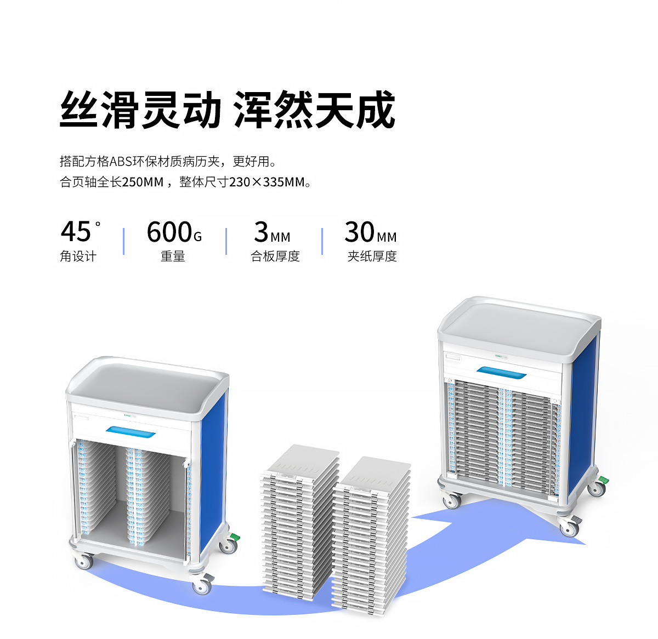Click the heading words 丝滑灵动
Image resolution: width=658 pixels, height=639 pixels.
(x=140, y=110)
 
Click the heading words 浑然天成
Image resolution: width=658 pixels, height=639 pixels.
(x=314, y=110)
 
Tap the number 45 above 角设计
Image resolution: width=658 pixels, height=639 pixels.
(x=76, y=231)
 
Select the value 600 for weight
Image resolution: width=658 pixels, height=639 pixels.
(x=169, y=232)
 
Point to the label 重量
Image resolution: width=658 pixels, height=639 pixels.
(x=173, y=256)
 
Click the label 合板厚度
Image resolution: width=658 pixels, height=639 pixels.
(x=275, y=256)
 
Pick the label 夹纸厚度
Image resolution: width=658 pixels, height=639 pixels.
(x=372, y=256)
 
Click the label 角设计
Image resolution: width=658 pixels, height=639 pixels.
(x=78, y=256)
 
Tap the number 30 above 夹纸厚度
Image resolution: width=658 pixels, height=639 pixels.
(x=359, y=232)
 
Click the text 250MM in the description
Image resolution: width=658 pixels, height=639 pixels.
(x=143, y=182)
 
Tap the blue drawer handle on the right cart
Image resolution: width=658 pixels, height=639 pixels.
(x=501, y=373)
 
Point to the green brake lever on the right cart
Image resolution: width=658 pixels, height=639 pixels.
(x=603, y=481)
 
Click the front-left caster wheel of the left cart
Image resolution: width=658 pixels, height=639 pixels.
(x=84, y=562)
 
